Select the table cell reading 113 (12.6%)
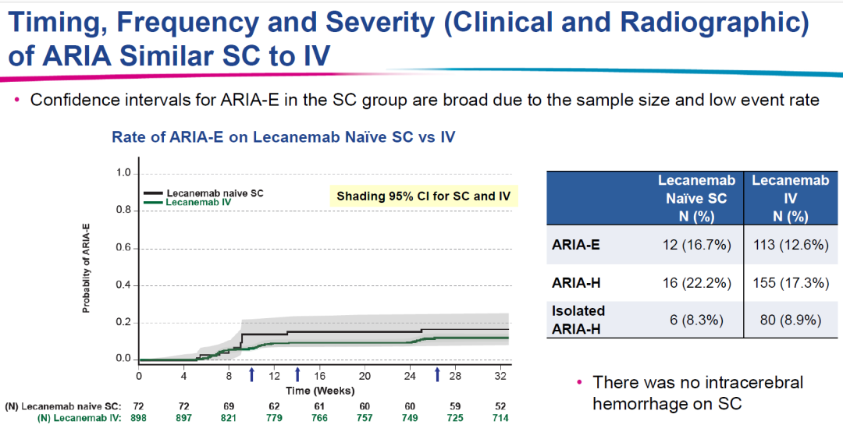point(790,246)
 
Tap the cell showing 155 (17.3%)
point(790,282)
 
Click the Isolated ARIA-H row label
point(579,318)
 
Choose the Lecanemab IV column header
point(790,198)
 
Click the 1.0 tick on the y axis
point(123,173)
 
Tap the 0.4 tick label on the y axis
point(123,285)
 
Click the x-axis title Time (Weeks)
point(320,390)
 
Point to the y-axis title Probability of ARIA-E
point(87,267)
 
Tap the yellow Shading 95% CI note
point(423,196)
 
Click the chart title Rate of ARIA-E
point(283,136)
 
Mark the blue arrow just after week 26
point(437,375)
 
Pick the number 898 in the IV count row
point(140,418)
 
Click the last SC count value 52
point(500,406)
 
